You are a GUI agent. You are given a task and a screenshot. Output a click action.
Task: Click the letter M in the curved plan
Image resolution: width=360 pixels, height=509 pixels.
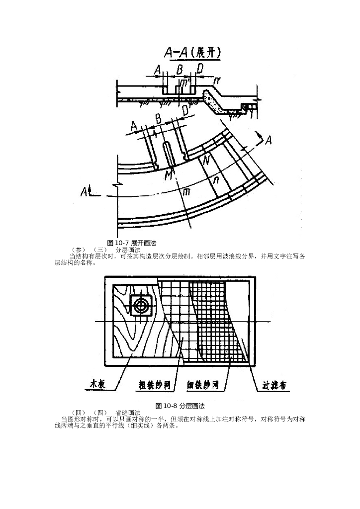[170, 175]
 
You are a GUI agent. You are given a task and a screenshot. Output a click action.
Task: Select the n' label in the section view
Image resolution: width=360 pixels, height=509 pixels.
[217, 80]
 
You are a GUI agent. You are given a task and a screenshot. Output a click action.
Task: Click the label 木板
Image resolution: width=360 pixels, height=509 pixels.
[97, 383]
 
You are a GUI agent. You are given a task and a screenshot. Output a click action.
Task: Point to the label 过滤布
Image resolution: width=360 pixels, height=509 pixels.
[273, 386]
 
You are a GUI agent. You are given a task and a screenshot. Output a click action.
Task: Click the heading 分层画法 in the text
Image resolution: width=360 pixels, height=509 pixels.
[127, 250]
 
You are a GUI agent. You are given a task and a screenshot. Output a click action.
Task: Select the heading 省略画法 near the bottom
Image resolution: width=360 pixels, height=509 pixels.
[127, 413]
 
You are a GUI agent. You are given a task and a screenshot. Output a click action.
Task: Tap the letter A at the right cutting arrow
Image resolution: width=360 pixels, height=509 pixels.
[269, 140]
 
